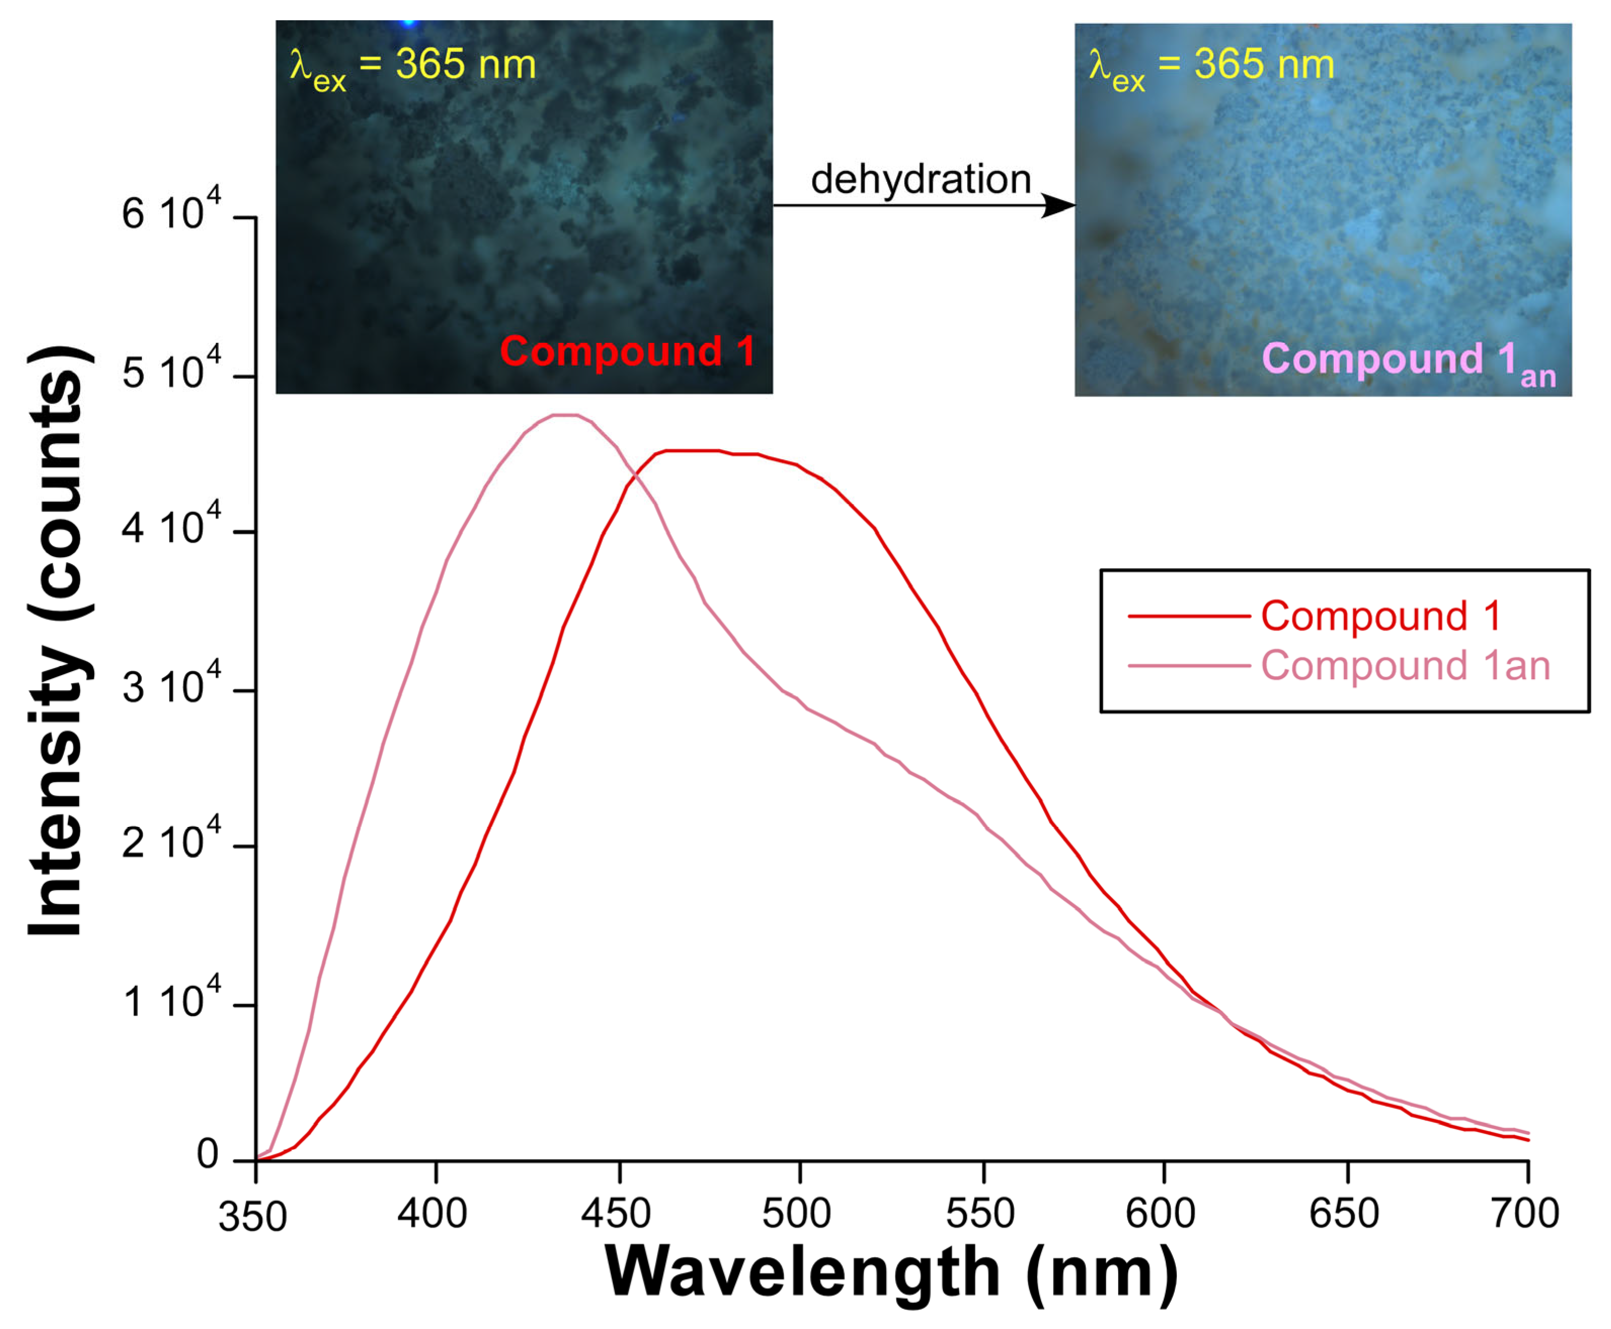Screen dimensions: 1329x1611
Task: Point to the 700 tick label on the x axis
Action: (x=1525, y=1214)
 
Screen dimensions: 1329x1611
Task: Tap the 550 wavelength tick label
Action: (x=980, y=1214)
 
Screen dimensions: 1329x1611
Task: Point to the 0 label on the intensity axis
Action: (x=207, y=1154)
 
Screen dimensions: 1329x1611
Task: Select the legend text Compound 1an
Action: (x=1405, y=666)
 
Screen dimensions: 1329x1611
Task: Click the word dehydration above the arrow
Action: (x=920, y=180)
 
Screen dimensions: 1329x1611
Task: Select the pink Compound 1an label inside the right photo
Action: (x=1407, y=361)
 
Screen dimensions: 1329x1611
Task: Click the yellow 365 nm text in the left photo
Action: (x=466, y=64)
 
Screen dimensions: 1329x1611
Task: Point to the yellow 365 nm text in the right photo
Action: (x=1264, y=64)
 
